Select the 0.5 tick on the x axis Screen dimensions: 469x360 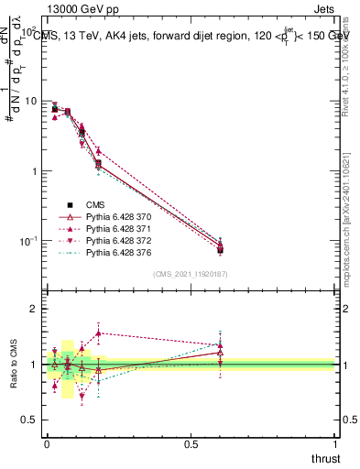[x=191, y=442]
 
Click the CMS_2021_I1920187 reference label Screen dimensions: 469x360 [x=191, y=274]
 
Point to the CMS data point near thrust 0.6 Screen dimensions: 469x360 [x=221, y=248]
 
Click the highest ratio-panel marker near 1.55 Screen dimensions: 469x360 [x=98, y=333]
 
